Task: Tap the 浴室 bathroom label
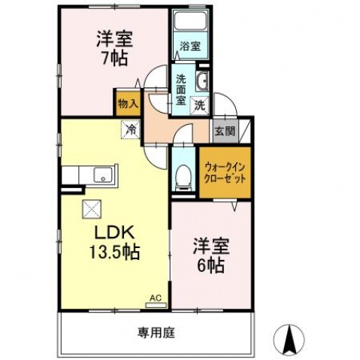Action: pos(189,47)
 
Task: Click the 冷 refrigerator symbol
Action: pos(131,129)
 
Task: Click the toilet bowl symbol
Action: pos(182,177)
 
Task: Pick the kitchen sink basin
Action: pos(101,176)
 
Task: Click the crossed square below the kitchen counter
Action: pos(91,208)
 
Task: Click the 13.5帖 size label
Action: pos(113,250)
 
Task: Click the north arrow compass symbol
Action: pos(289,339)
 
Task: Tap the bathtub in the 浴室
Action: pos(191,25)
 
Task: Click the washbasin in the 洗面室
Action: pos(202,82)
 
